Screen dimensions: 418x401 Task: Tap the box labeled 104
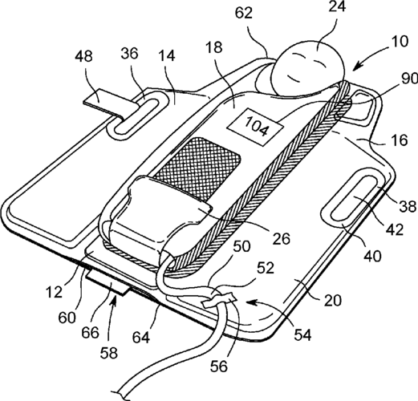point(255,127)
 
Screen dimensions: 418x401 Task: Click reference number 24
point(337,7)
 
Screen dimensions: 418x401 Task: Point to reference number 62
point(244,12)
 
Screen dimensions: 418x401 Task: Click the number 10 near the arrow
point(400,42)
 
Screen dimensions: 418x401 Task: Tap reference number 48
point(84,56)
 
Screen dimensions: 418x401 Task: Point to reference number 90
point(410,79)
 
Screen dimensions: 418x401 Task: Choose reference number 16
point(400,140)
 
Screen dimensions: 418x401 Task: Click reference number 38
point(408,206)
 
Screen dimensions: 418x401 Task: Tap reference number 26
point(282,239)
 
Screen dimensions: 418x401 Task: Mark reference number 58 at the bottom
point(109,352)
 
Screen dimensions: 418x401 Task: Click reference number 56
point(219,366)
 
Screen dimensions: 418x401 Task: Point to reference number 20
point(333,300)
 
